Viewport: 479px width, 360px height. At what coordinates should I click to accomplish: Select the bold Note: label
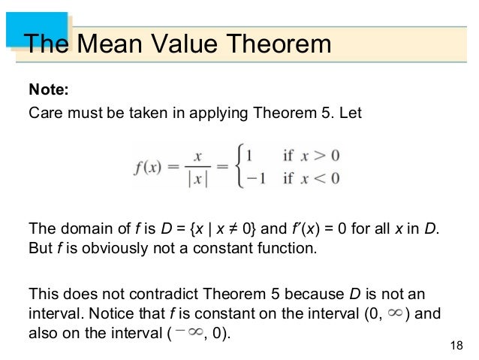[48, 91]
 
